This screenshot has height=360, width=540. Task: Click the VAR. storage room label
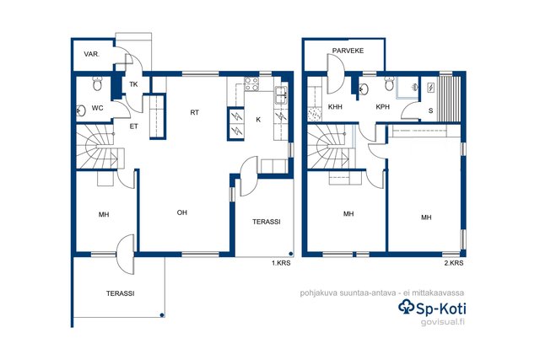[x=92, y=54]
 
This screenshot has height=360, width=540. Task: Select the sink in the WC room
[x=81, y=110]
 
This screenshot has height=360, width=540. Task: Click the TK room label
[x=133, y=84]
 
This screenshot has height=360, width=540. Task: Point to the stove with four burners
[x=251, y=84]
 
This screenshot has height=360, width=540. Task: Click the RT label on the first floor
[x=195, y=112]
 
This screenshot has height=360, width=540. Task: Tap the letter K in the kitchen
[x=258, y=120]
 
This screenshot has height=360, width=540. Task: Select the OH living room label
[x=182, y=212]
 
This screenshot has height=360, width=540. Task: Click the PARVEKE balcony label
[x=348, y=51]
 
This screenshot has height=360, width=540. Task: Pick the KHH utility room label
[x=335, y=107]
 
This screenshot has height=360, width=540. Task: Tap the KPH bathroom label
[x=382, y=107]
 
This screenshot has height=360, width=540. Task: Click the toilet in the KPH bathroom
[x=389, y=83]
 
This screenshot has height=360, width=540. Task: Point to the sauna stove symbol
[x=431, y=88]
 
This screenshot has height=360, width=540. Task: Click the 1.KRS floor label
[x=281, y=263]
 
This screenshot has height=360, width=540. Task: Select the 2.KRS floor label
[x=454, y=263]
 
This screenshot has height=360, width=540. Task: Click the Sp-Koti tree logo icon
[x=407, y=307]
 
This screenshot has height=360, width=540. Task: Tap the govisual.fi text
[x=443, y=322]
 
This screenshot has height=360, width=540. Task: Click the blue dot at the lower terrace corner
[x=162, y=315]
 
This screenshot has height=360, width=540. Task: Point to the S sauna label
[x=430, y=110]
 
